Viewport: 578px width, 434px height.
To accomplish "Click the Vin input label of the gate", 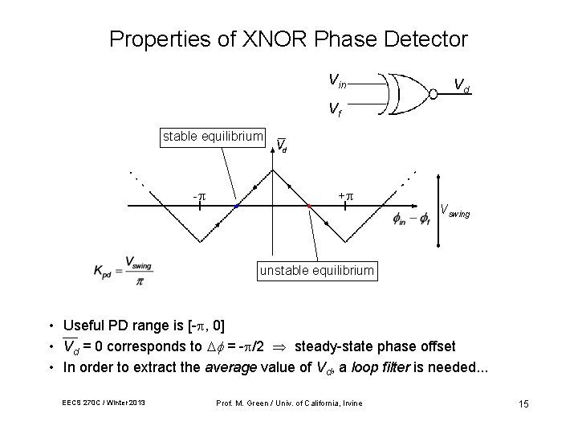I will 338,80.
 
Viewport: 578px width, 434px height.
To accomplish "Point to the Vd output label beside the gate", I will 462,84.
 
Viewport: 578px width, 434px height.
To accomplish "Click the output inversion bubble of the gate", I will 433,93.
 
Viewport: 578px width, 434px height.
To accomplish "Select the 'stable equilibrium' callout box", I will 213,137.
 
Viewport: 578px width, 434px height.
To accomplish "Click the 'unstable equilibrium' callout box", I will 316,270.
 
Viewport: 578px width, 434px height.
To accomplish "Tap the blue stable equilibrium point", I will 237,207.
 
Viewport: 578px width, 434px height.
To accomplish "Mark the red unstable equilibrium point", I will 309,207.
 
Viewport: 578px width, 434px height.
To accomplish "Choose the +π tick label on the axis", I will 345,195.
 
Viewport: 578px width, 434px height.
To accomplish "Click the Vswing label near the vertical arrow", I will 455,212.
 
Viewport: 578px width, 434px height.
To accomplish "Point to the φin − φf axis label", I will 412,219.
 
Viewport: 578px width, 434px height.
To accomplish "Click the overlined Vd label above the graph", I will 282,145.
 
